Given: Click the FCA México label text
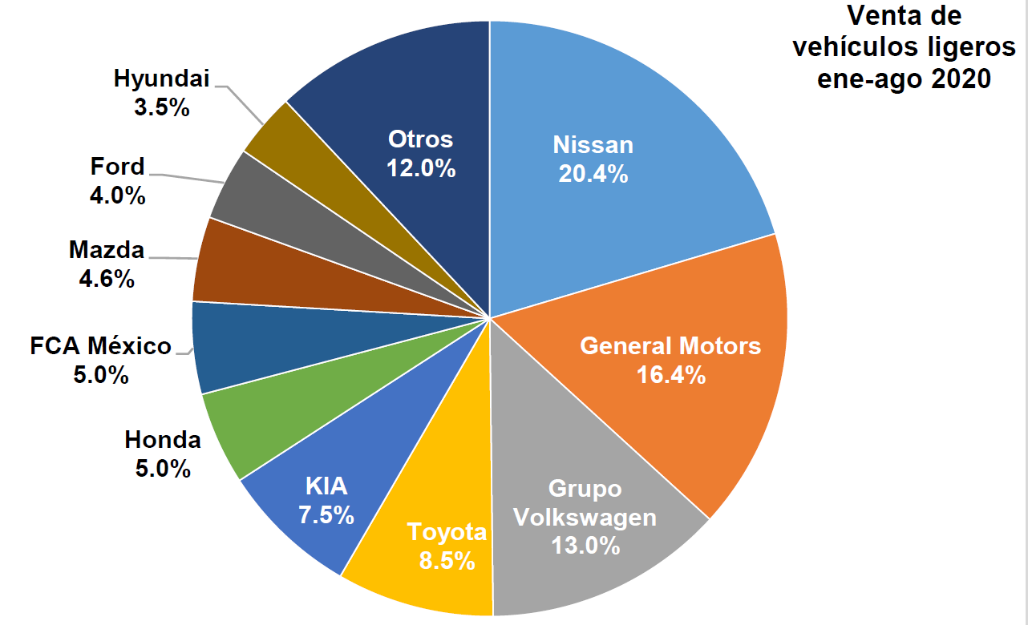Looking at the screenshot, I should [100, 346].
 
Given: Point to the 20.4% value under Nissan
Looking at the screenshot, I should [593, 174].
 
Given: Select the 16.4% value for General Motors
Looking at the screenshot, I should [670, 374].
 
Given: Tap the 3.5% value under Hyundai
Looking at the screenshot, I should [162, 108].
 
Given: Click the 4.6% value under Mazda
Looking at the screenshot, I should [107, 279].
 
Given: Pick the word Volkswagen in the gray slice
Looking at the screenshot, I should [585, 518].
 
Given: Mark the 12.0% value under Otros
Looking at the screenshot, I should [420, 169].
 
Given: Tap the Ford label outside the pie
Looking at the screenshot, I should [117, 167].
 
